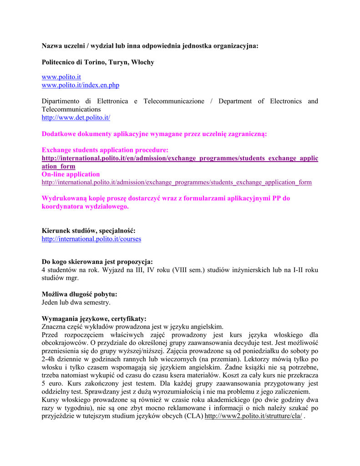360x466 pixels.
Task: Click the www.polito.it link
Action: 61,77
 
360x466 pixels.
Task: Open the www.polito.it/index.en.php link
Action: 81,85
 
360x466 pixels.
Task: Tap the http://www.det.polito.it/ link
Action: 76,117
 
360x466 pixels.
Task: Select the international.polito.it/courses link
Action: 91,238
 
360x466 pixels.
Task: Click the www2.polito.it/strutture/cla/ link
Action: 253,416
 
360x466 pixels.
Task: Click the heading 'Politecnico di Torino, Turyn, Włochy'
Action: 98,62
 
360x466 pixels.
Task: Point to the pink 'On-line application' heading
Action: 71,174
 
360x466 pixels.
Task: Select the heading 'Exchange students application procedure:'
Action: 105,150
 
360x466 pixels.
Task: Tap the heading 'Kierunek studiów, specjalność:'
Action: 88,231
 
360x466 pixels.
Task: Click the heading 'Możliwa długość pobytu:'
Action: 80,294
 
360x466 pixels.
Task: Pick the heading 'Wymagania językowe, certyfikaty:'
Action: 94,319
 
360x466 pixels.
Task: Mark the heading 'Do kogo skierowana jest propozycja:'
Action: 97,262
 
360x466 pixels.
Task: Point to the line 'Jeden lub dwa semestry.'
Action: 76,302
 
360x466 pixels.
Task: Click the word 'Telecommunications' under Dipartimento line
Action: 71,109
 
